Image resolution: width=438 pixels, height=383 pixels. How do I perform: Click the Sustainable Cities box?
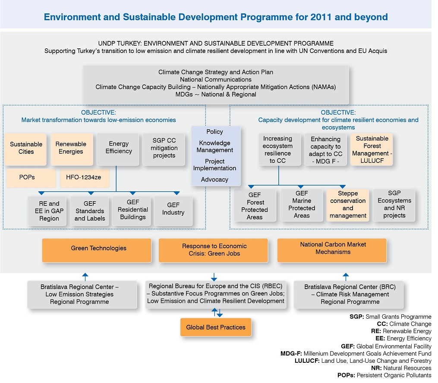point(26,149)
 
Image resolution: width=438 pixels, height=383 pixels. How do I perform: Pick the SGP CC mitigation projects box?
point(164,149)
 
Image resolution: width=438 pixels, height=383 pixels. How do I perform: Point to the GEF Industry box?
point(173,211)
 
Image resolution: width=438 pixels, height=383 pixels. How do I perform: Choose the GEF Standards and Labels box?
point(90,211)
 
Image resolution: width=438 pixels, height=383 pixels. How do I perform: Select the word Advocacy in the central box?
point(214,180)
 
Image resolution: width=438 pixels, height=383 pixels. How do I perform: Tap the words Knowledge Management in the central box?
point(214,146)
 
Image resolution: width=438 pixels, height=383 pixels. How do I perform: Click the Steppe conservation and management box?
point(348,205)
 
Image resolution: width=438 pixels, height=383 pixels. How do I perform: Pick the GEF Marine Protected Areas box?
point(302,205)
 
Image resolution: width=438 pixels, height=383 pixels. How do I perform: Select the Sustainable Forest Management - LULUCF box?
point(372,150)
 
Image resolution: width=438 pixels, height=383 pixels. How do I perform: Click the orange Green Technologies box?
point(97,250)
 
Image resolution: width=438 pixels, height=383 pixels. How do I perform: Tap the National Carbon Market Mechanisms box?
point(332,250)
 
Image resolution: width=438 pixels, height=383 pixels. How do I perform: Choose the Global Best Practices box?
point(216,327)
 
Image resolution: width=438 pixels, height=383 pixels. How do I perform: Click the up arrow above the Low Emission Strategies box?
point(85,277)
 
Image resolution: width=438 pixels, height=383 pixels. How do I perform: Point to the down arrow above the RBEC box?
point(214,277)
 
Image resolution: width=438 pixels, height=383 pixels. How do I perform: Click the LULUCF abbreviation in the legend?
point(307,361)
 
